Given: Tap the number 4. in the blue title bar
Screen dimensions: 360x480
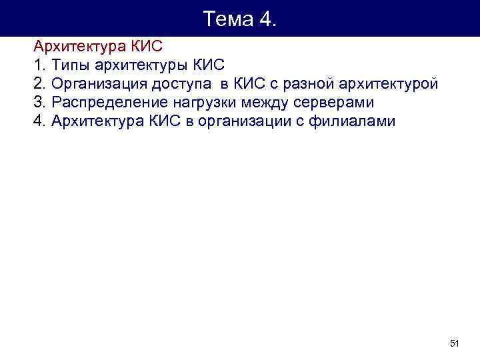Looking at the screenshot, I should pos(265,19).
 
